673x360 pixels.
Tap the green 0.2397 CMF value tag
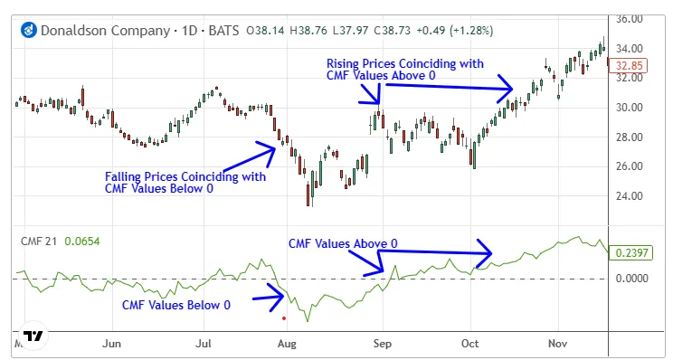pos(631,254)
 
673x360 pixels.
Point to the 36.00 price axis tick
pos(630,19)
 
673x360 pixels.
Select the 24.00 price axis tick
pos(630,196)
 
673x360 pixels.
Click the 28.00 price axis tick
pos(630,137)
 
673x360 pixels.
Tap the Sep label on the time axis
pos(382,344)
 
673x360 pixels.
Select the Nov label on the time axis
pos(557,344)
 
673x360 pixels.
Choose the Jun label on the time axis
pos(113,344)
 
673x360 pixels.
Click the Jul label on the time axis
pos(204,344)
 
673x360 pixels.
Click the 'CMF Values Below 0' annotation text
pos(176,305)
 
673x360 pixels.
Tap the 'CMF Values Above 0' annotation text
pos(343,244)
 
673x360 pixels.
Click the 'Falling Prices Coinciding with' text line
pos(185,176)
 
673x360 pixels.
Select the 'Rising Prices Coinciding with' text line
pos(404,64)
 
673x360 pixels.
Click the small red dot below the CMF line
pos(284,318)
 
